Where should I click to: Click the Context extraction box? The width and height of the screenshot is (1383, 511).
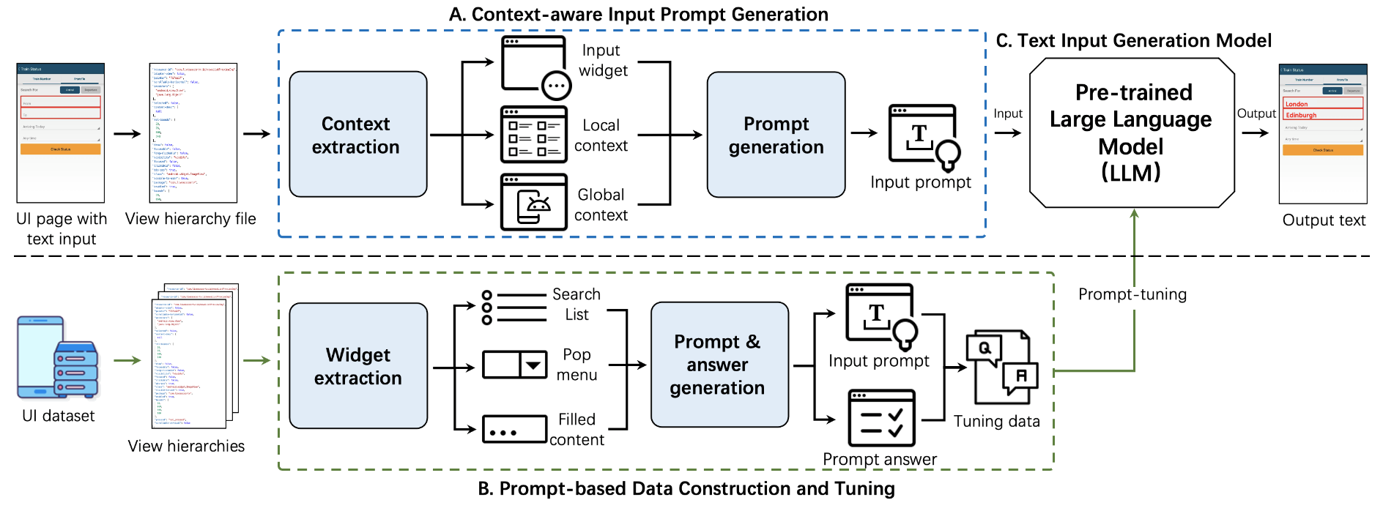point(357,135)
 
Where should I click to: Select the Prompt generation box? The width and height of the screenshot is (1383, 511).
point(776,135)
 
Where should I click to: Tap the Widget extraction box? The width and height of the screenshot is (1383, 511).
point(357,366)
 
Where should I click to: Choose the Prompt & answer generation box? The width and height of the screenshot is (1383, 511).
point(719,365)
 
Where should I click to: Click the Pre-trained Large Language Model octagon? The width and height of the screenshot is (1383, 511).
point(1132,133)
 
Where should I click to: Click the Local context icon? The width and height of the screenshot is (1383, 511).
point(533,134)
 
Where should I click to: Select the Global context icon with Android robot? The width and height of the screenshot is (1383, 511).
point(533,202)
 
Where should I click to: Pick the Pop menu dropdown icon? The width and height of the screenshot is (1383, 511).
point(514,365)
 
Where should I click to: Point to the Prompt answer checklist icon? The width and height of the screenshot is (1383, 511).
point(881,418)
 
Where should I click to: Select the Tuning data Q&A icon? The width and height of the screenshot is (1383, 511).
point(1001,368)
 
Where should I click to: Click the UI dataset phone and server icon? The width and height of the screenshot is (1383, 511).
point(58,358)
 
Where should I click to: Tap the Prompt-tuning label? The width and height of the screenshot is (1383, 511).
point(1132,294)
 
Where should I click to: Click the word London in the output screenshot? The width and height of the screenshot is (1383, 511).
point(1297,104)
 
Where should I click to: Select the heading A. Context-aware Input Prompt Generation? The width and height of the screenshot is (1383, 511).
point(638,15)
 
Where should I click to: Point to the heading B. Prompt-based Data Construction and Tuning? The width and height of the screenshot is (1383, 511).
point(686,488)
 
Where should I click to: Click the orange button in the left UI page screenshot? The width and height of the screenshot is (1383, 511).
point(60,149)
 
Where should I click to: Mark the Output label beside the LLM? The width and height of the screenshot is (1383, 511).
point(1256,113)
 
